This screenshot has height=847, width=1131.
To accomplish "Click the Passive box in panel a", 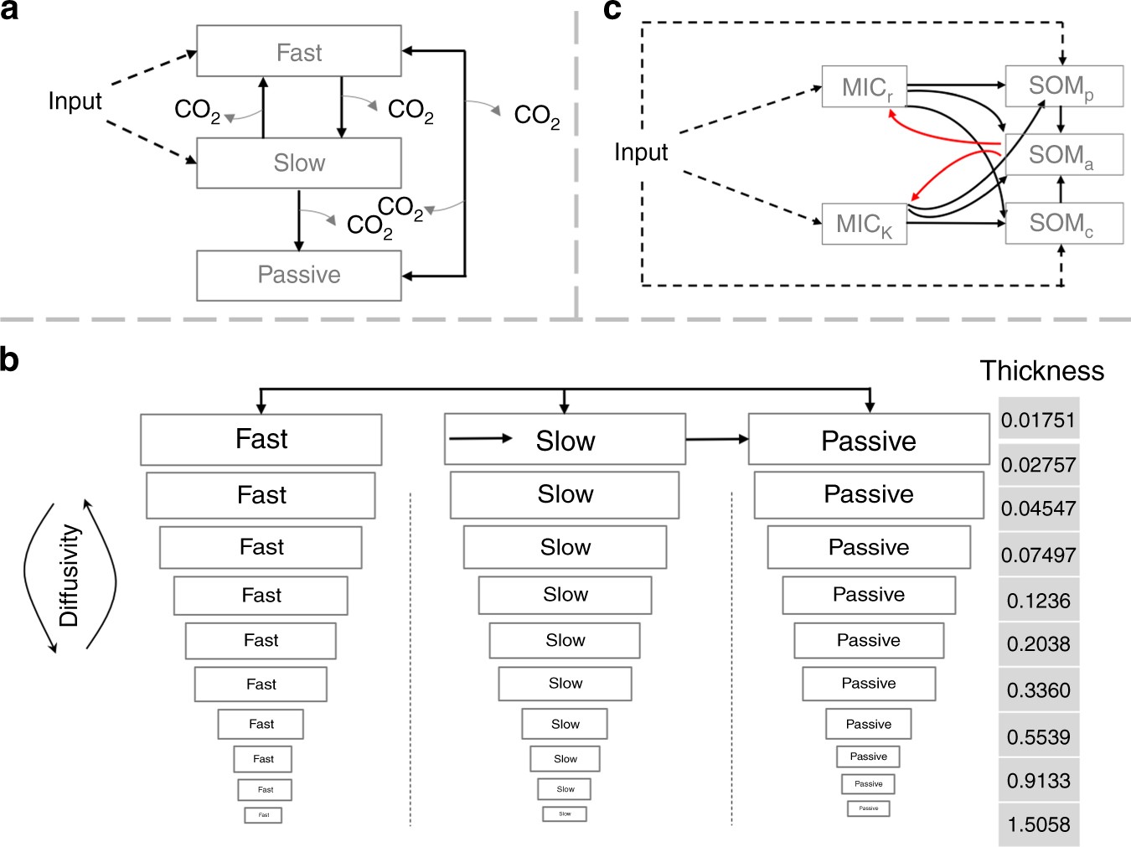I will tap(298, 275).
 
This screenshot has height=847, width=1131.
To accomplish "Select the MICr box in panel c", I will tap(864, 87).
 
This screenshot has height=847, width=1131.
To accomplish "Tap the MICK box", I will tap(864, 224).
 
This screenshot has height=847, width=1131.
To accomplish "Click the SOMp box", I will tap(1062, 86).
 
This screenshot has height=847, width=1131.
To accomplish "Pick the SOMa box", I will tap(1062, 155).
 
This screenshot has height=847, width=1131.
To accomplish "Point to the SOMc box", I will tap(1062, 223).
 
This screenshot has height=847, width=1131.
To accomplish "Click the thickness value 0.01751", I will tap(1038, 420).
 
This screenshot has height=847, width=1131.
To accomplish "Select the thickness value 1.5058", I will tap(1038, 824).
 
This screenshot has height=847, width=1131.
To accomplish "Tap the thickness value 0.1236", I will tap(1038, 601).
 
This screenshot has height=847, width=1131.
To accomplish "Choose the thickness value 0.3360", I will tap(1038, 690).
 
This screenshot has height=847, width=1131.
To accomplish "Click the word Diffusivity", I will tap(69, 576).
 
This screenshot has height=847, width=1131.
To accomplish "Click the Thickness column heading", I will tap(1041, 370).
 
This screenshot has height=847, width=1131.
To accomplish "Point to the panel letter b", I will tap(10, 359).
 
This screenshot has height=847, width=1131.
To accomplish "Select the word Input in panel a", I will tap(75, 101).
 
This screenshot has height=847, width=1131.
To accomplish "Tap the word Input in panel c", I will tap(641, 152).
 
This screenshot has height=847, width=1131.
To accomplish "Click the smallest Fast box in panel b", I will tap(263, 814).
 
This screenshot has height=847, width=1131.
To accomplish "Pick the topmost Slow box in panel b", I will tap(565, 440).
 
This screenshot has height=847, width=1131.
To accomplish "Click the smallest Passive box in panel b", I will tap(868, 808).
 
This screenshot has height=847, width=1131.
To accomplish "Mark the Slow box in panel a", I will tap(298, 163).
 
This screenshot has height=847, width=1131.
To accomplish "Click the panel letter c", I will tap(612, 10).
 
